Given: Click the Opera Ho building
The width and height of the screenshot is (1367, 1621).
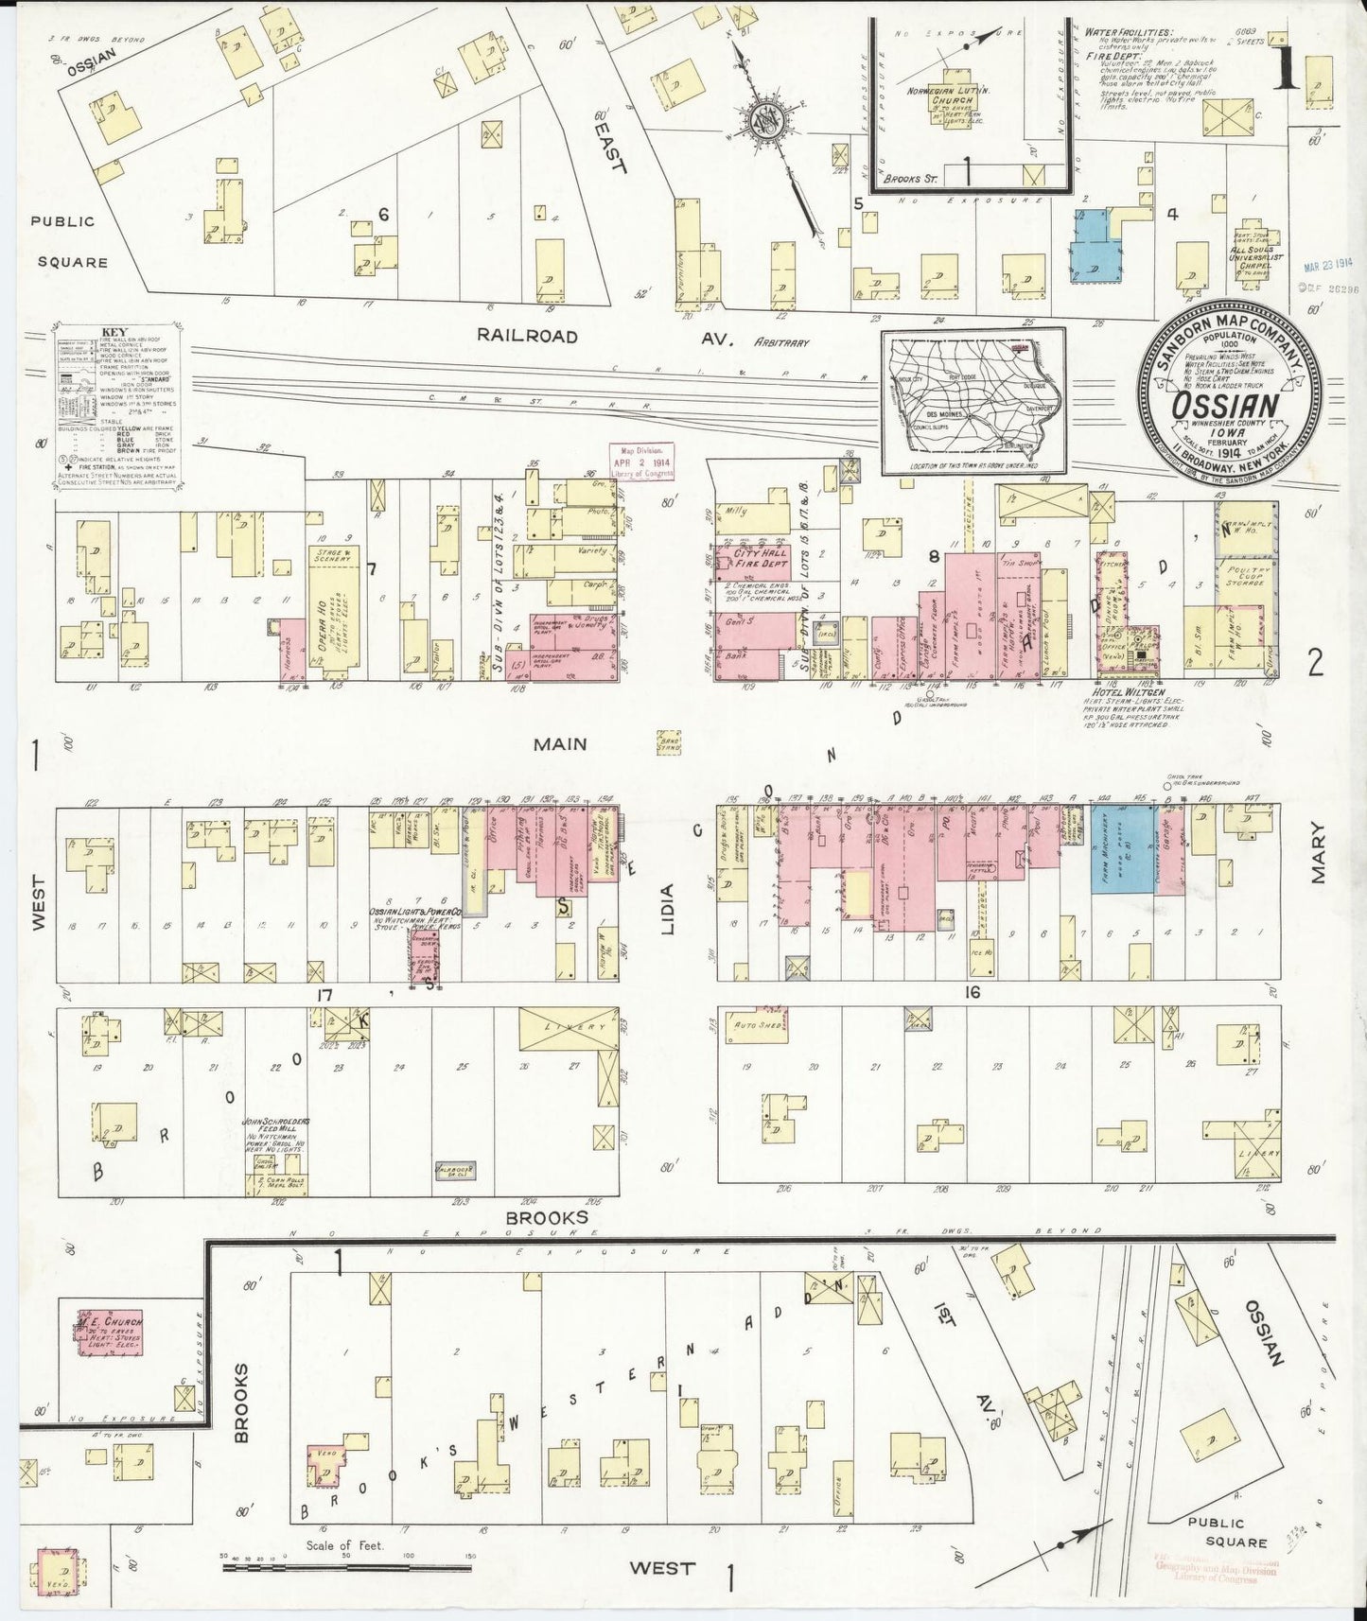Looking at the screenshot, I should pos(336,615).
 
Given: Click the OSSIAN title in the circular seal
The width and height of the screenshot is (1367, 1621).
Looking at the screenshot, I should pos(1228,404).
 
